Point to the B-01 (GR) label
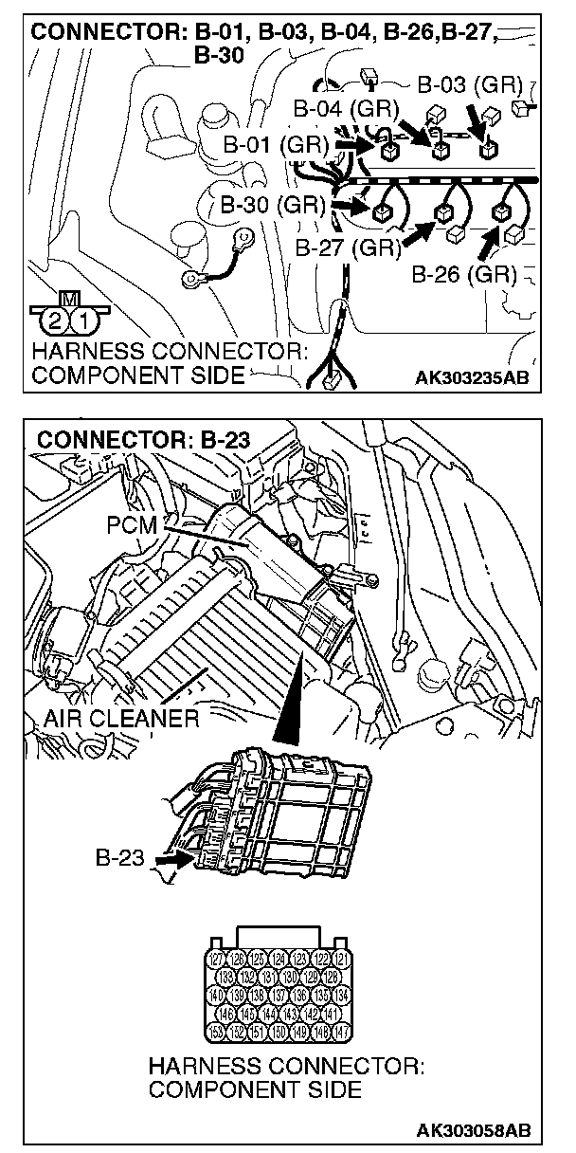pyautogui.click(x=276, y=145)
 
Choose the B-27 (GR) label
pyautogui.click(x=348, y=248)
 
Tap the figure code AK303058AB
pyautogui.click(x=472, y=1131)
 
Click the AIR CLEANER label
pyautogui.click(x=121, y=718)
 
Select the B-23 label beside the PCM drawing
pyautogui.click(x=120, y=858)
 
